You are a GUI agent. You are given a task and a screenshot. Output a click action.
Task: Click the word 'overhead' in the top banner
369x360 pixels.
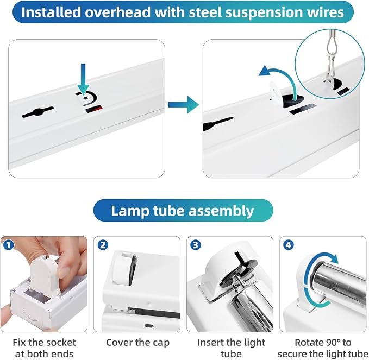coord(117,12)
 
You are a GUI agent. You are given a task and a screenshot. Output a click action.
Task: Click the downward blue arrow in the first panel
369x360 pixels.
coord(83,79)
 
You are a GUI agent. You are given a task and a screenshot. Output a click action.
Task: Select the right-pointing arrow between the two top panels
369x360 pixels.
coord(184,104)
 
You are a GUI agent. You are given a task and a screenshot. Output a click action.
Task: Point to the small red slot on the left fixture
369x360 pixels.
coord(94,109)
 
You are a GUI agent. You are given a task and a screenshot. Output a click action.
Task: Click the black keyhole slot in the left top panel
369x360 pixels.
coord(37,112)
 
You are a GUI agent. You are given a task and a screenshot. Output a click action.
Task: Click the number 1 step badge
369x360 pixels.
coord(9,245)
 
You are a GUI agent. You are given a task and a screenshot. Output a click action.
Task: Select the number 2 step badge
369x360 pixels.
coord(103,245)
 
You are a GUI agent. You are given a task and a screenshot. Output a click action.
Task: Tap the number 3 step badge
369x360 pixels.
coord(195,245)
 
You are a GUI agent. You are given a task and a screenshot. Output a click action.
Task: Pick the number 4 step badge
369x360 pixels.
coord(288,245)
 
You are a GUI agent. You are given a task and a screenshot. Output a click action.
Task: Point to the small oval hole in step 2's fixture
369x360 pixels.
coord(149,326)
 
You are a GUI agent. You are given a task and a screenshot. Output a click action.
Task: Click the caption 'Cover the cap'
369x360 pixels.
coord(137,343)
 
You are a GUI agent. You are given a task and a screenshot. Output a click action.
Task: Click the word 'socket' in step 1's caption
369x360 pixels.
coord(59,343)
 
